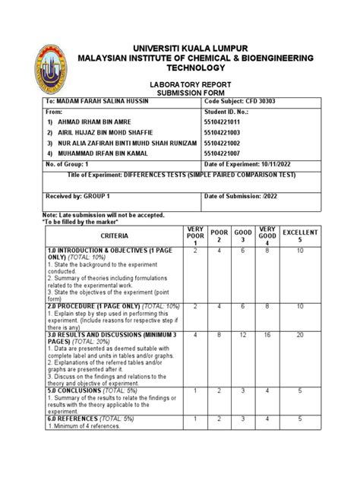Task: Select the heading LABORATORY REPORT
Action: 179,84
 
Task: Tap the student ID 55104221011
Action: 229,122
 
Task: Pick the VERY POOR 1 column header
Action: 195,236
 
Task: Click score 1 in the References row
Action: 195,418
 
